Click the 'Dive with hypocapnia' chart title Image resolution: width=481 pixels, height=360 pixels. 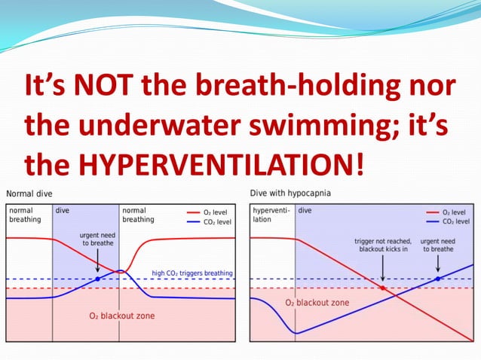tap(290, 194)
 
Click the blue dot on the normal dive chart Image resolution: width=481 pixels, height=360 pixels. tap(97, 279)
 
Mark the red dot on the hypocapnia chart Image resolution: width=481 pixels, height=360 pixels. tap(383, 288)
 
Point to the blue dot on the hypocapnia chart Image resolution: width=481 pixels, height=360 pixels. tap(438, 279)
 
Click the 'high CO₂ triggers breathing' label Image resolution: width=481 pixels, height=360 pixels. tap(192, 273)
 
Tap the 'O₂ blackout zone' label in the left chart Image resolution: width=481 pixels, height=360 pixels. tap(122, 316)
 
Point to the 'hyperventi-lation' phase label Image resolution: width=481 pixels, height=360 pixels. tap(270, 215)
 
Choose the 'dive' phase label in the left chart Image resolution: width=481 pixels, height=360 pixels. tap(63, 211)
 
